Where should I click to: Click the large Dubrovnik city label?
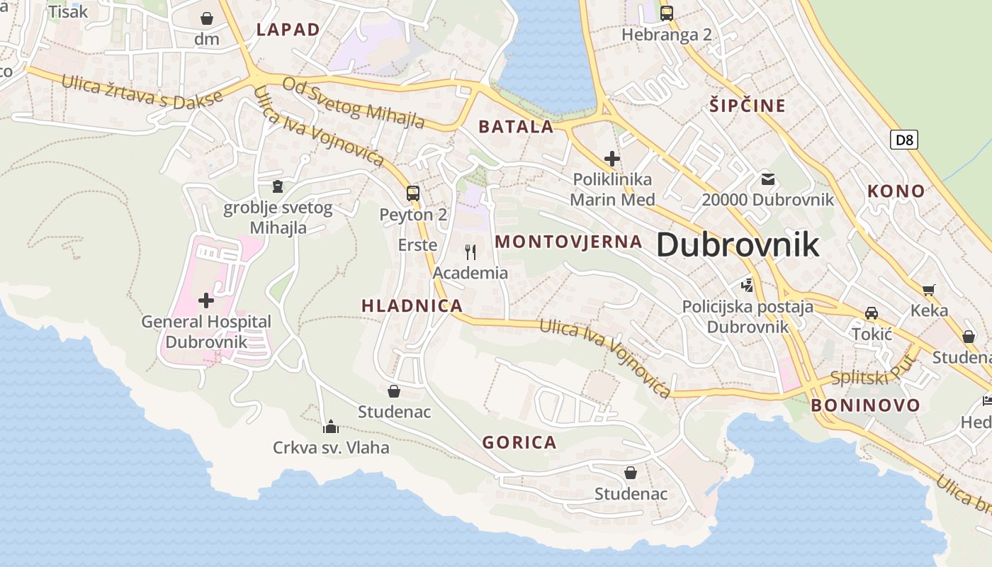click(x=738, y=245)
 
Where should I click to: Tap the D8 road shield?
click(x=903, y=140)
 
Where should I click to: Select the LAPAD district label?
click(x=288, y=30)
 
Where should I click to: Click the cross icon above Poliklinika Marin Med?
click(x=612, y=159)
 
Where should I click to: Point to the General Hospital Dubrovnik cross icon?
click(x=206, y=301)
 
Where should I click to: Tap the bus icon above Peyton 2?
click(x=412, y=193)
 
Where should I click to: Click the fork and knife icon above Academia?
click(x=470, y=251)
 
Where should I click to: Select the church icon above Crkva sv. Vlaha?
click(x=331, y=427)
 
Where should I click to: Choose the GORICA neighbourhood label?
click(x=519, y=443)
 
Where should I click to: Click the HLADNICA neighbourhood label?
click(x=412, y=306)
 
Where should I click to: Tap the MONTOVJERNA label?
click(x=568, y=242)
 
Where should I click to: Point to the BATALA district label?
click(x=516, y=127)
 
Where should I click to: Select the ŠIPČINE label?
click(x=748, y=106)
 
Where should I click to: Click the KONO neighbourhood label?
click(x=896, y=191)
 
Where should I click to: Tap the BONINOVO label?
click(x=865, y=405)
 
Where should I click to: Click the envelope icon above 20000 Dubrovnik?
click(x=768, y=179)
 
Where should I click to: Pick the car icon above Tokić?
click(x=872, y=313)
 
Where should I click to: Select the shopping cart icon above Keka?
click(x=929, y=289)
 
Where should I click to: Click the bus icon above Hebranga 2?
click(x=666, y=13)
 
